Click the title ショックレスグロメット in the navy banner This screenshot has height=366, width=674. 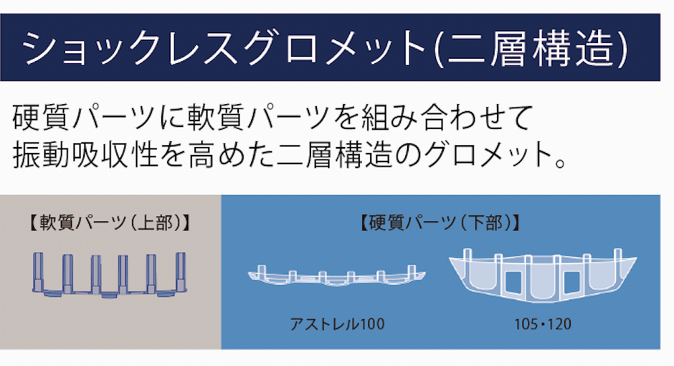[224, 47]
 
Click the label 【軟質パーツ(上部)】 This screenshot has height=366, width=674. [110, 223]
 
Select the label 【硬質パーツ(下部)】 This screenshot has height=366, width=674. [440, 223]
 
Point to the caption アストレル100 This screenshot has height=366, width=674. [338, 324]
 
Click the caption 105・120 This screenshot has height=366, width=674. [543, 324]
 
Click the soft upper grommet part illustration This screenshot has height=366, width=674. [110, 275]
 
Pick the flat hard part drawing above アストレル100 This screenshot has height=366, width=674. [336, 276]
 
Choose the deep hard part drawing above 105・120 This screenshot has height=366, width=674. [543, 276]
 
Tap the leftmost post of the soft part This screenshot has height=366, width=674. [38, 272]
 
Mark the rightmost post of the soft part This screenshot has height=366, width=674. [181, 272]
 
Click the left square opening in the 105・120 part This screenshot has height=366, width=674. [513, 282]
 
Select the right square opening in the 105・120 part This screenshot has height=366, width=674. [573, 282]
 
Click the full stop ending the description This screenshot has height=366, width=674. [560, 163]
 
